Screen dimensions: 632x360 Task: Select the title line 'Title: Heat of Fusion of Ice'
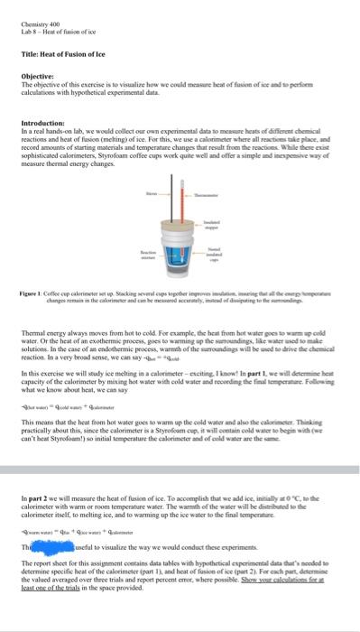pos(59,55)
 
